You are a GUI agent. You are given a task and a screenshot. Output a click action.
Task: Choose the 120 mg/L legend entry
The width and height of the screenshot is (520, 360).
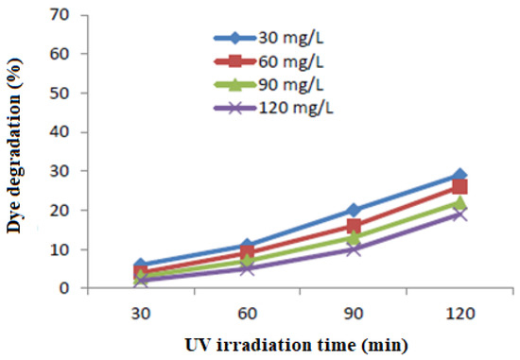275,106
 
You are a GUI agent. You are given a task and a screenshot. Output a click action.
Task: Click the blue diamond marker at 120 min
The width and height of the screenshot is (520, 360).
459,176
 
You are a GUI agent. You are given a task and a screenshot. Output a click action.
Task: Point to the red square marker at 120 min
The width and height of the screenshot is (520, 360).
459,187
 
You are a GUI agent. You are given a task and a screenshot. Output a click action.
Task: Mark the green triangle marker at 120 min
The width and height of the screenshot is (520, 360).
459,203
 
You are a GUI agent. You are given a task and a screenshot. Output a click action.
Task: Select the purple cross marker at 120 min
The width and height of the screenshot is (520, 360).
459,214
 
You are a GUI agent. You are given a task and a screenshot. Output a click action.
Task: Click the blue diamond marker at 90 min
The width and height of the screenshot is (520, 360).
354,211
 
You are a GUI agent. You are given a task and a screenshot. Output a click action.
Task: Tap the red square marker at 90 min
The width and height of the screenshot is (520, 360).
354,226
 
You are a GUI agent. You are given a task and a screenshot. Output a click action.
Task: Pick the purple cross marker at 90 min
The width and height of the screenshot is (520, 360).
354,249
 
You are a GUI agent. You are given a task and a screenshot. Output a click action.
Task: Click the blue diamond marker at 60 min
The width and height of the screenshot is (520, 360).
248,246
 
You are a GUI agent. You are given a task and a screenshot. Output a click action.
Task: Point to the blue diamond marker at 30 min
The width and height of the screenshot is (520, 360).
141,266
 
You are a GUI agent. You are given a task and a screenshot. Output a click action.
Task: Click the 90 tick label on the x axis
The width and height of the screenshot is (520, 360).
354,308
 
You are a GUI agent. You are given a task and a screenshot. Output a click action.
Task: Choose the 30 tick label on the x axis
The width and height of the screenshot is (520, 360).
141,308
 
